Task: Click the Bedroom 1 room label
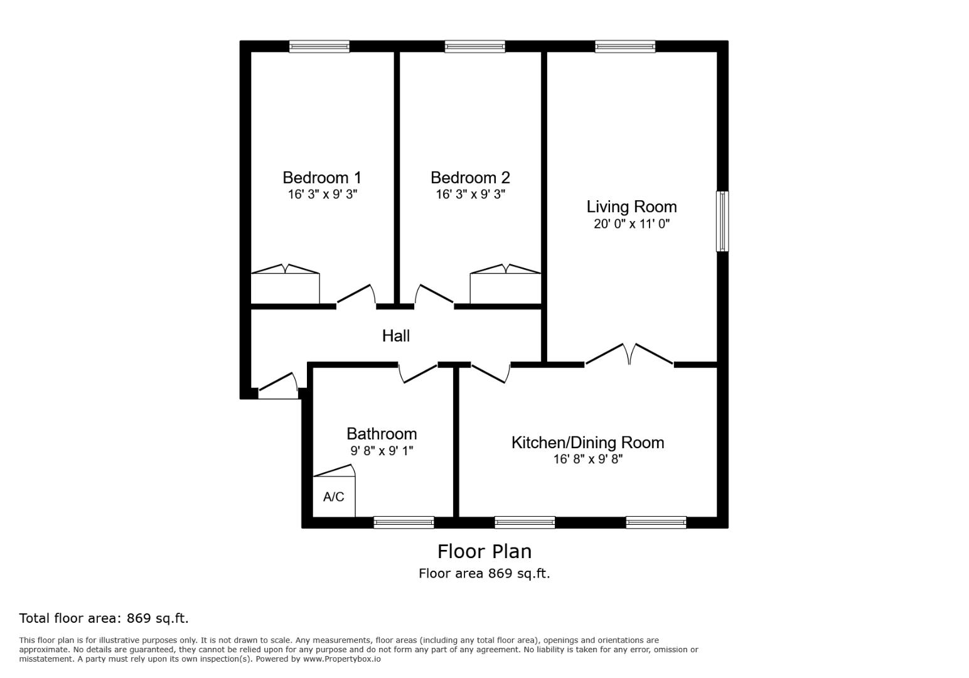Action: (321, 178)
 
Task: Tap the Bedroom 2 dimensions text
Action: (470, 195)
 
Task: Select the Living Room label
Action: (631, 207)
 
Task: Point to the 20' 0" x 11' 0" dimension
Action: (631, 224)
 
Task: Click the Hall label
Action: (396, 336)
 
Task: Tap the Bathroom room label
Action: (382, 434)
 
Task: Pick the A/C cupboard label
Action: (333, 497)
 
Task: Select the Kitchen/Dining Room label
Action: (587, 443)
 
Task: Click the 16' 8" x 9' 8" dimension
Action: (587, 460)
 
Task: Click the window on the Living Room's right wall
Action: (722, 221)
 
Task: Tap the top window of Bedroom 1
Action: (319, 46)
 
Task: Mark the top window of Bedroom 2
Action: (474, 46)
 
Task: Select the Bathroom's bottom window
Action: (404, 522)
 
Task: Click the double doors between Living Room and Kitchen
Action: (629, 355)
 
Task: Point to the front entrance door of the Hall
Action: (278, 385)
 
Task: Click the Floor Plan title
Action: (484, 551)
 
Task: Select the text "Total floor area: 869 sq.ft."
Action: (104, 618)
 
